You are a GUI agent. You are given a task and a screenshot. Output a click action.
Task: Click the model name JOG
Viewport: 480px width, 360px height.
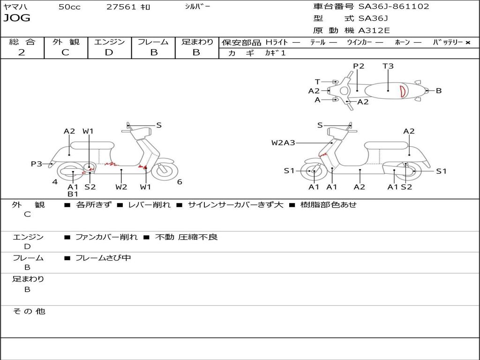(17, 18)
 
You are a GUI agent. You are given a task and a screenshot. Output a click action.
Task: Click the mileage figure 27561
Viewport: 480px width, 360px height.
(122, 7)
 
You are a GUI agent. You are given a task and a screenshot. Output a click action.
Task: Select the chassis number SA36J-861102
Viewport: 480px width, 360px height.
(394, 7)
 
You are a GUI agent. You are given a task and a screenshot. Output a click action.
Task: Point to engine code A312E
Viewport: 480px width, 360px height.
(374, 30)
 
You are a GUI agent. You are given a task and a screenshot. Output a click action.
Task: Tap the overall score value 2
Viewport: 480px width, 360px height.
(22, 52)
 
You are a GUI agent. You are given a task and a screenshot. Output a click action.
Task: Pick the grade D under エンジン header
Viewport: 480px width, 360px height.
(109, 52)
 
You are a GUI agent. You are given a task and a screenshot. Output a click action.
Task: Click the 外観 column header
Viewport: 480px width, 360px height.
(66, 42)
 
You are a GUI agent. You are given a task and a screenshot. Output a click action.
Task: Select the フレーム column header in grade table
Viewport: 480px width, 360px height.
(153, 42)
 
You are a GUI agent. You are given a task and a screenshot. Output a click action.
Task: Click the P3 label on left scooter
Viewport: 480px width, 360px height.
(37, 164)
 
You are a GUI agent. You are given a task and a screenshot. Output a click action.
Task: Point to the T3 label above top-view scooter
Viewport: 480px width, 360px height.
(388, 66)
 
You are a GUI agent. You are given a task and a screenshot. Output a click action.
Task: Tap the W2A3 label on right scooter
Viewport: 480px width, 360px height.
(283, 142)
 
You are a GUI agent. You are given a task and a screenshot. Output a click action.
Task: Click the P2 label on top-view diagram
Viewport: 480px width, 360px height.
(359, 66)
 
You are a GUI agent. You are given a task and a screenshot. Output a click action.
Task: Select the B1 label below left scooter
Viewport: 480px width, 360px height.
(73, 194)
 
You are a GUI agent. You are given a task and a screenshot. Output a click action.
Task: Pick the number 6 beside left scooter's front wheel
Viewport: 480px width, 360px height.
(180, 182)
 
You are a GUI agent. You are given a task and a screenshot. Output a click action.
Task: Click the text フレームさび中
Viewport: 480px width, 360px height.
(103, 258)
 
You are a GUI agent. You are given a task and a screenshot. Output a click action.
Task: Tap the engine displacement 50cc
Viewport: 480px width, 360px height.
(69, 7)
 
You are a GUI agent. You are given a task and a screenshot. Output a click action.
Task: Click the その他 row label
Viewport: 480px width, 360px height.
(29, 311)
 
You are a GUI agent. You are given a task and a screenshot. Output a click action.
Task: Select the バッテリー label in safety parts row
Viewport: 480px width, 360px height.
(448, 42)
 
